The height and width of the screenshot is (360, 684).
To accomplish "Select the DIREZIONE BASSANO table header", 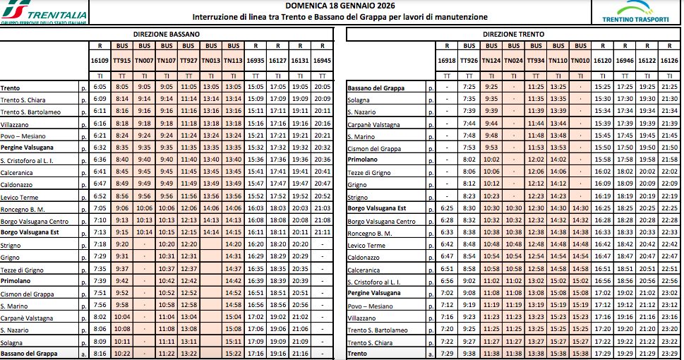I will (x=167, y=34).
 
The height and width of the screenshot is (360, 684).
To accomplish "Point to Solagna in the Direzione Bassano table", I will (x=13, y=341).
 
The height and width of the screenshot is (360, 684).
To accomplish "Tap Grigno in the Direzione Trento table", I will (x=358, y=184).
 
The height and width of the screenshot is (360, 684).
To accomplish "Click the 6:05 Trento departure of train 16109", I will (x=100, y=88).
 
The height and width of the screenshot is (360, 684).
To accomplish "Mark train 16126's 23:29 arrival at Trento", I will (x=670, y=352).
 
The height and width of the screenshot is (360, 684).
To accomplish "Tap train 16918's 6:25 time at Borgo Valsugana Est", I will (x=446, y=208).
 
